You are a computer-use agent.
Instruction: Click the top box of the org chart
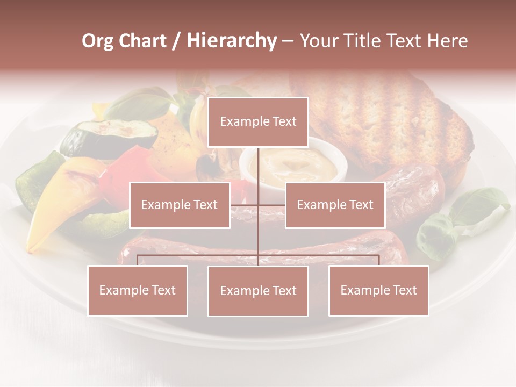click(258, 122)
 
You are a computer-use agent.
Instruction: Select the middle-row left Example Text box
click(180, 205)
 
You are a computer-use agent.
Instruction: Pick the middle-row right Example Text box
click(335, 205)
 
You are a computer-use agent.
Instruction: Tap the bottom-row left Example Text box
click(138, 290)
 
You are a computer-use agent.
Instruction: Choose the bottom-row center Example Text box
click(258, 291)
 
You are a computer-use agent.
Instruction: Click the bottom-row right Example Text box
click(378, 290)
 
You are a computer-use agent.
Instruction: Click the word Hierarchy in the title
click(232, 41)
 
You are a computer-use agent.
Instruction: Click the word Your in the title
click(317, 41)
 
